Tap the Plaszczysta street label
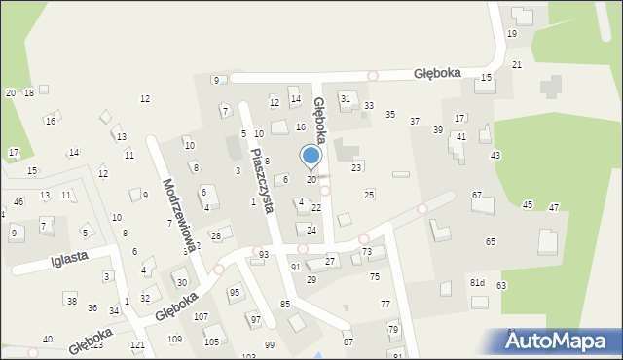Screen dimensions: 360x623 260,180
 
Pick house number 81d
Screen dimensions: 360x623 477,283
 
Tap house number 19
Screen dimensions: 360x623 512,34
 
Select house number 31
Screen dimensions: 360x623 345,98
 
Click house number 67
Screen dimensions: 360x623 477,196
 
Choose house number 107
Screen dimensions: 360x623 201,317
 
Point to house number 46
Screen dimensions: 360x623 18,201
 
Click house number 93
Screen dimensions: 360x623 264,254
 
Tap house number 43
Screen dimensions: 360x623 495,156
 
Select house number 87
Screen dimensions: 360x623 348,342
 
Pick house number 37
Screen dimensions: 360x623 415,121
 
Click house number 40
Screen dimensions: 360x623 47,340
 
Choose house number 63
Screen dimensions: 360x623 501,285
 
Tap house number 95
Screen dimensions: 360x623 234,292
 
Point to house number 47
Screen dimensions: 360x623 554,207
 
